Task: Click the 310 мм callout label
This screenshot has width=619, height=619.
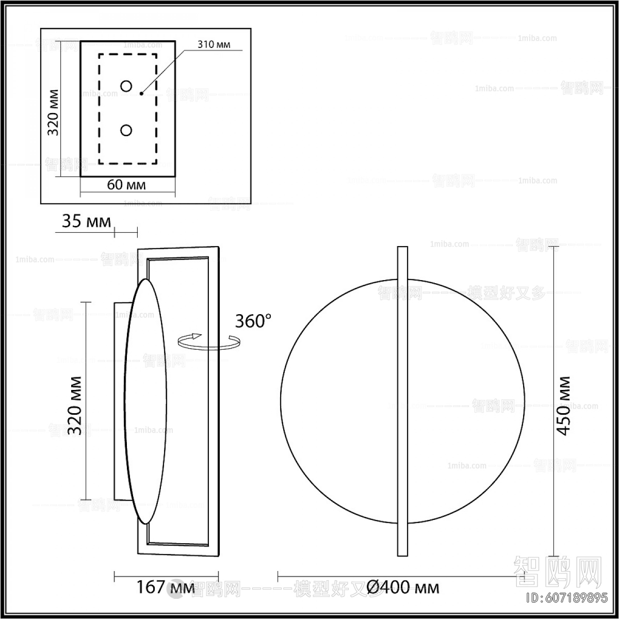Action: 214,44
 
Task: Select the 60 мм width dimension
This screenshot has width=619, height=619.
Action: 127,185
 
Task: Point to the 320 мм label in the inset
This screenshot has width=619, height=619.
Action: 53,112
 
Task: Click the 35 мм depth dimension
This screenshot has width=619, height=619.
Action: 86,222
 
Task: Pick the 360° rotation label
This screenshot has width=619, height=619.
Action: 253,321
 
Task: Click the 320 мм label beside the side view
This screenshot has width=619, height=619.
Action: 75,405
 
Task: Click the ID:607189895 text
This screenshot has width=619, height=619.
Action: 566,598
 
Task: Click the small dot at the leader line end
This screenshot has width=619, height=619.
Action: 141,94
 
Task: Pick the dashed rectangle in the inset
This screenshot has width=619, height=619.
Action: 99,108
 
